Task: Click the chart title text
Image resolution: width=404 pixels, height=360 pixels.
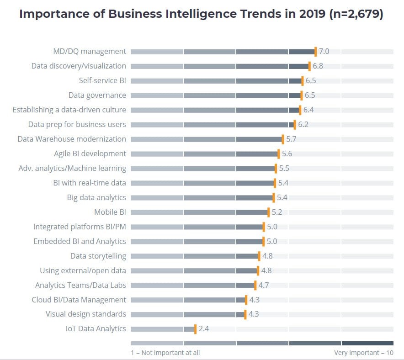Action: coord(202,14)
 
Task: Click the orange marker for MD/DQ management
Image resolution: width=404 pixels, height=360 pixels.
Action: coord(315,52)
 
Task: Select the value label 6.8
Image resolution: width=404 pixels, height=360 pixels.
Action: coord(318,66)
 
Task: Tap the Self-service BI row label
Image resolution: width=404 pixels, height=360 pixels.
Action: coord(102,81)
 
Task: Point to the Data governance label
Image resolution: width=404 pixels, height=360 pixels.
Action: coord(97,95)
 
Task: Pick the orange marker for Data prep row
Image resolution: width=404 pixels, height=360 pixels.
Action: coord(295,125)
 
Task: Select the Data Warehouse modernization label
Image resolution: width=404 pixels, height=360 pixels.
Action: coord(72,139)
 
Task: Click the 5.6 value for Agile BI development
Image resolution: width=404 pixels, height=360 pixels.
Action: coord(287,154)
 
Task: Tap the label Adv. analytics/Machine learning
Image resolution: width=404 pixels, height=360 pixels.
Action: coord(72,168)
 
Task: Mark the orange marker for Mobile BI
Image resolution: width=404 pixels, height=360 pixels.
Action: coord(269,212)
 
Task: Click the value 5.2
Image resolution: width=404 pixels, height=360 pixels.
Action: coord(277,212)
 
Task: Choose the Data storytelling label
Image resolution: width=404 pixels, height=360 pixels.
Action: coord(98,256)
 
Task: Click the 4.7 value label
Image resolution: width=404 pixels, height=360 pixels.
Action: coord(264,285)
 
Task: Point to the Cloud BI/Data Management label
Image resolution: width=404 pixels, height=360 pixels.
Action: coord(79,300)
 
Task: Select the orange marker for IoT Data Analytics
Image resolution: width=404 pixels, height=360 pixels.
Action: coord(195,329)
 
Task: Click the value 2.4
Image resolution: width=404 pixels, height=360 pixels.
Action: coord(204,329)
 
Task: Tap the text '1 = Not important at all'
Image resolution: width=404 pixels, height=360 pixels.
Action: coord(165,353)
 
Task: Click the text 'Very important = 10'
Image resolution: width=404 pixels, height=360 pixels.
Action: coord(363,353)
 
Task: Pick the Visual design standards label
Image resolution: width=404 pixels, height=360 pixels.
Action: coord(86,314)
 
